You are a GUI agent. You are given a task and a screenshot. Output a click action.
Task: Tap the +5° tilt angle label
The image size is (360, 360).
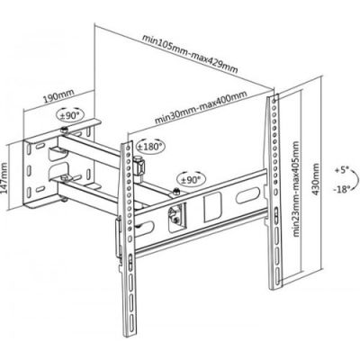point(339,169)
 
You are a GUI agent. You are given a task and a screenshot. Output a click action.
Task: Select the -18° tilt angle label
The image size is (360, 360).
point(339,190)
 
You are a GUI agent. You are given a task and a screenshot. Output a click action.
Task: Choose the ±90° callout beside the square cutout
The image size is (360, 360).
point(190,178)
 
